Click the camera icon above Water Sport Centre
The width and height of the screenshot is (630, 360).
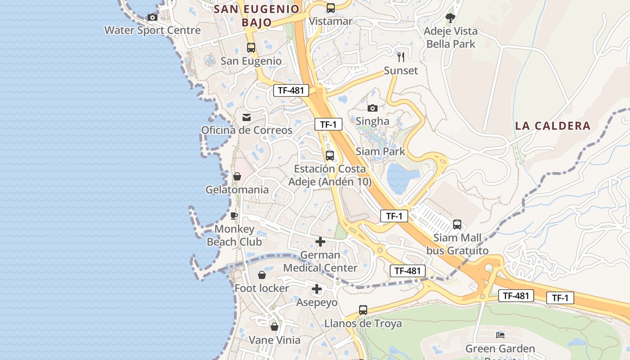[153, 18]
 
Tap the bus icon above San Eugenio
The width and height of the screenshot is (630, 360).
[251, 48]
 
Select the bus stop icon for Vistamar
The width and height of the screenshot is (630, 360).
[331, 8]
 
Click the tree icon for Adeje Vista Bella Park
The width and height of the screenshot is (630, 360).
[450, 18]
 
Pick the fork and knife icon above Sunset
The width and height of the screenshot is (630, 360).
[401, 57]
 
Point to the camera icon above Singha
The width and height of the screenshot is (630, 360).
[373, 108]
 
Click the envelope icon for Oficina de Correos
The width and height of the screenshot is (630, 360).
[247, 117]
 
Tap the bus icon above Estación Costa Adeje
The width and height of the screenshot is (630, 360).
[330, 156]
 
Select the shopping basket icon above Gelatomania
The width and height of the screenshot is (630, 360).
[237, 176]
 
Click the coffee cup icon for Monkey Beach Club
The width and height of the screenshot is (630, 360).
[234, 216]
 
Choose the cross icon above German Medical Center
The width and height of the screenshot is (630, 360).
[320, 242]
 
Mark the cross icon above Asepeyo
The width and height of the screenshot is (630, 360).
[317, 289]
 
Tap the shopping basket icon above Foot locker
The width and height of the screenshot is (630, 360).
[262, 275]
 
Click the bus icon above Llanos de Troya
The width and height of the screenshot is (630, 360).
[363, 310]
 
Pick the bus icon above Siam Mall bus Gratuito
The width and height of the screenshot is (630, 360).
[457, 225]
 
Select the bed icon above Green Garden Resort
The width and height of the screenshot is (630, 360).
[500, 335]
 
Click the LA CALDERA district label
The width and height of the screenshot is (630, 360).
[553, 126]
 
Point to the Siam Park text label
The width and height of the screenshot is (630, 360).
[380, 152]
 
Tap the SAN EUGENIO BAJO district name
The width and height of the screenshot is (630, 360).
[256, 16]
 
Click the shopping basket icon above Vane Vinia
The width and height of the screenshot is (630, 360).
[274, 327]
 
